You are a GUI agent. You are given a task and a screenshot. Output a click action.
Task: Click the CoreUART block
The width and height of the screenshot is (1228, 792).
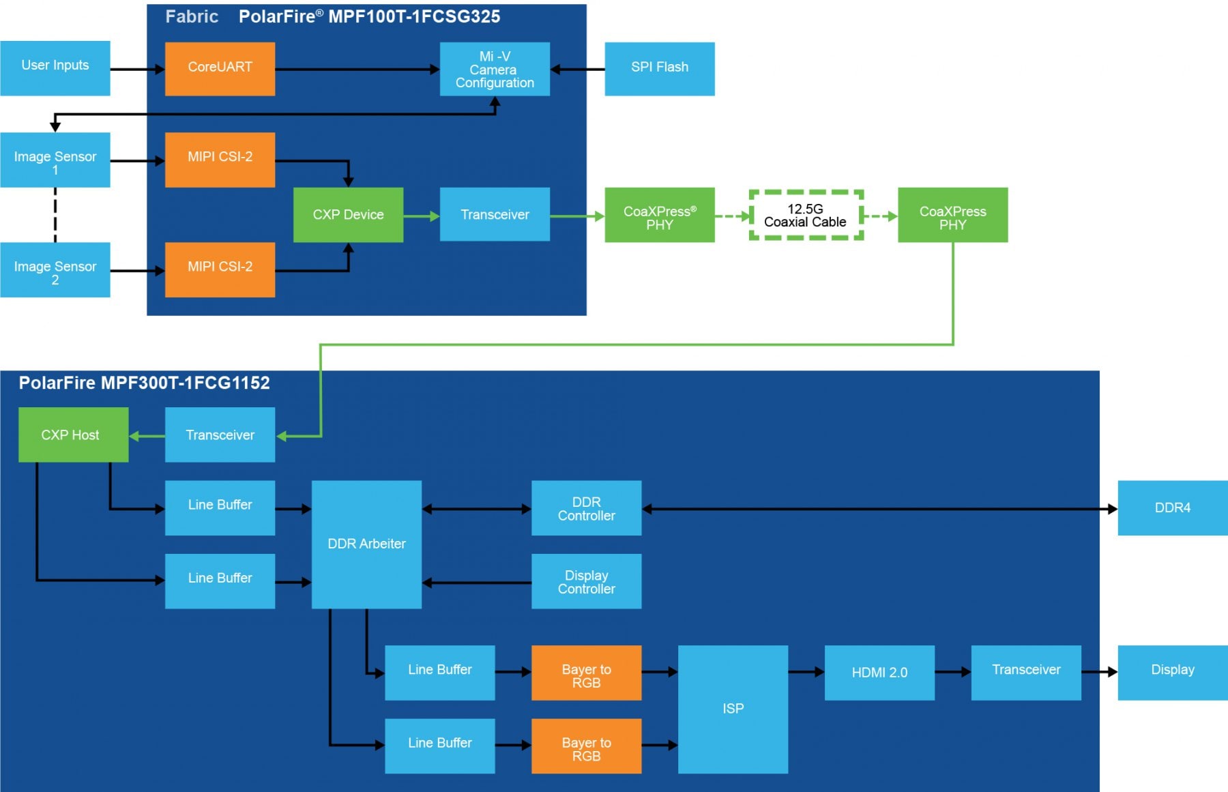[x=220, y=69]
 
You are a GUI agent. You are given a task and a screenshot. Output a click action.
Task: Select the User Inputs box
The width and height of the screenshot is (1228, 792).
[x=55, y=68]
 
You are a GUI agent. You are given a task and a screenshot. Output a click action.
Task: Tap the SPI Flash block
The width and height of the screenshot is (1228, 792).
[x=660, y=69]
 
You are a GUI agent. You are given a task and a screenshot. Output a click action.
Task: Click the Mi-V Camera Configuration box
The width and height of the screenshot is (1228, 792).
[x=495, y=69]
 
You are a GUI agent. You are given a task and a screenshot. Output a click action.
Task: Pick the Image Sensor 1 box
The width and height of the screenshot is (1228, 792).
[x=55, y=160]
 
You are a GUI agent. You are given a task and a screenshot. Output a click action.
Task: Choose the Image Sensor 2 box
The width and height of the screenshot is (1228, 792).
[x=55, y=269]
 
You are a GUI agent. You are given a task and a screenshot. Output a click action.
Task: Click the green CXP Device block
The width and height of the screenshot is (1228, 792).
[x=348, y=215]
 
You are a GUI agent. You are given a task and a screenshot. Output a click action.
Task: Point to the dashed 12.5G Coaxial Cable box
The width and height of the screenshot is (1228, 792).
[x=806, y=215]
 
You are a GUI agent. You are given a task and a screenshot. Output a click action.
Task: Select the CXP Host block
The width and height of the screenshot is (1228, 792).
[x=73, y=435]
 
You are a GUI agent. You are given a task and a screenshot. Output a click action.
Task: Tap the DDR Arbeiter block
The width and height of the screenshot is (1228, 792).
[x=366, y=544]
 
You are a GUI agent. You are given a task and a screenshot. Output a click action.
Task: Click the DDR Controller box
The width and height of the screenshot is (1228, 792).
[x=586, y=508]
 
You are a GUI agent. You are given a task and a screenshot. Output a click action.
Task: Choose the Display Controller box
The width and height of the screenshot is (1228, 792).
[x=586, y=581]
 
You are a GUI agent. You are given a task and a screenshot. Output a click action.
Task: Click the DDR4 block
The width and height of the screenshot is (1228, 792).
[x=1173, y=508]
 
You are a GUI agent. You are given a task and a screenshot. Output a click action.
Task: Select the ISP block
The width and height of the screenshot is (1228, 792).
[x=733, y=709]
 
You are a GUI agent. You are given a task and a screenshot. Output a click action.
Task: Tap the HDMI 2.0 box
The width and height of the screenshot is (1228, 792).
[x=879, y=673]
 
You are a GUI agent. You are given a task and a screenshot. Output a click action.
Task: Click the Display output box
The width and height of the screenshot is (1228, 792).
[x=1173, y=673]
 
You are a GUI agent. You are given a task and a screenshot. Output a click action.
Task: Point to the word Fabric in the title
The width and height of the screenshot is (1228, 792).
[x=192, y=16]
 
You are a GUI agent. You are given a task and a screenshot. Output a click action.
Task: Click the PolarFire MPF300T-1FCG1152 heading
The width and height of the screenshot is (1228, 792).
[x=144, y=383]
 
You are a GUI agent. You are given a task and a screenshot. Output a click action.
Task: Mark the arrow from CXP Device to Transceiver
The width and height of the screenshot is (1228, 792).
[x=422, y=216]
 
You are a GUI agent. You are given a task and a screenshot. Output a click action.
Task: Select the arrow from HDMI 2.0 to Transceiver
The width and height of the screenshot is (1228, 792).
[x=953, y=672]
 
